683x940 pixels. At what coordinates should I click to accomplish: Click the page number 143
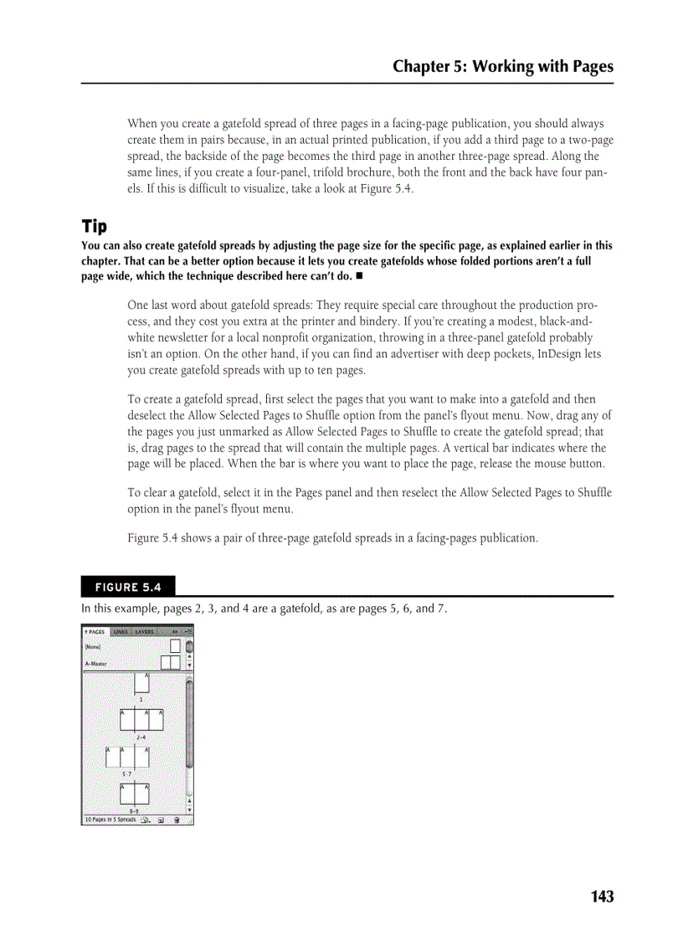[601, 896]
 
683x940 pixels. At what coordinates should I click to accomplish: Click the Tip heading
[94, 227]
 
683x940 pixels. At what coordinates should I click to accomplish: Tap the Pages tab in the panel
[95, 632]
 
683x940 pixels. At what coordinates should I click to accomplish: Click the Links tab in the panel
[121, 632]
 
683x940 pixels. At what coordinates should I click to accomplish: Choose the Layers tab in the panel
[144, 632]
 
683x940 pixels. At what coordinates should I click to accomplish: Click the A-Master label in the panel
[96, 664]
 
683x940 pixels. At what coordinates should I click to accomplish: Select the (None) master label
[92, 646]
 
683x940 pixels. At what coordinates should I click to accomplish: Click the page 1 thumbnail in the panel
[141, 682]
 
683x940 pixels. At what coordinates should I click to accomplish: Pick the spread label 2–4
[141, 736]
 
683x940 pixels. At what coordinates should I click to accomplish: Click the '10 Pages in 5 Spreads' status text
[110, 820]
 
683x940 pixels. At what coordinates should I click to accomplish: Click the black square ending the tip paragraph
[358, 276]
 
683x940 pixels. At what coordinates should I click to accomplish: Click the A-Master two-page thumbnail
[171, 663]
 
